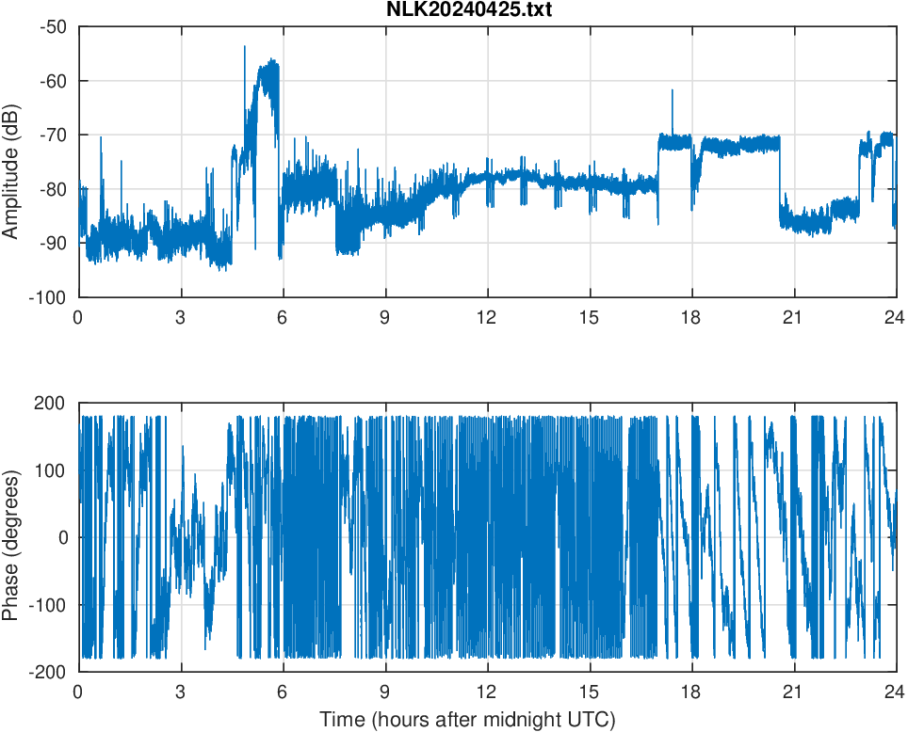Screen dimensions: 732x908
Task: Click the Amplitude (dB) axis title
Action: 12,162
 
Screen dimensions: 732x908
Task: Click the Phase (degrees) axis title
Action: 12,537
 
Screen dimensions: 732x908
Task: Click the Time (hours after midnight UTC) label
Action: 467,720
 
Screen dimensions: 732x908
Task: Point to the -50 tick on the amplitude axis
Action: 53,26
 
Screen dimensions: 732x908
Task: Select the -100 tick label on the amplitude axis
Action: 49,297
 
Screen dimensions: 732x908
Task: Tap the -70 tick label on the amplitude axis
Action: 53,135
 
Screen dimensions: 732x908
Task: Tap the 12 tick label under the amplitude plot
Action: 486,317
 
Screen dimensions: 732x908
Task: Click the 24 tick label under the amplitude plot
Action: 894,317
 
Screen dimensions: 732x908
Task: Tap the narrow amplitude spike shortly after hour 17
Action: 672,91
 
